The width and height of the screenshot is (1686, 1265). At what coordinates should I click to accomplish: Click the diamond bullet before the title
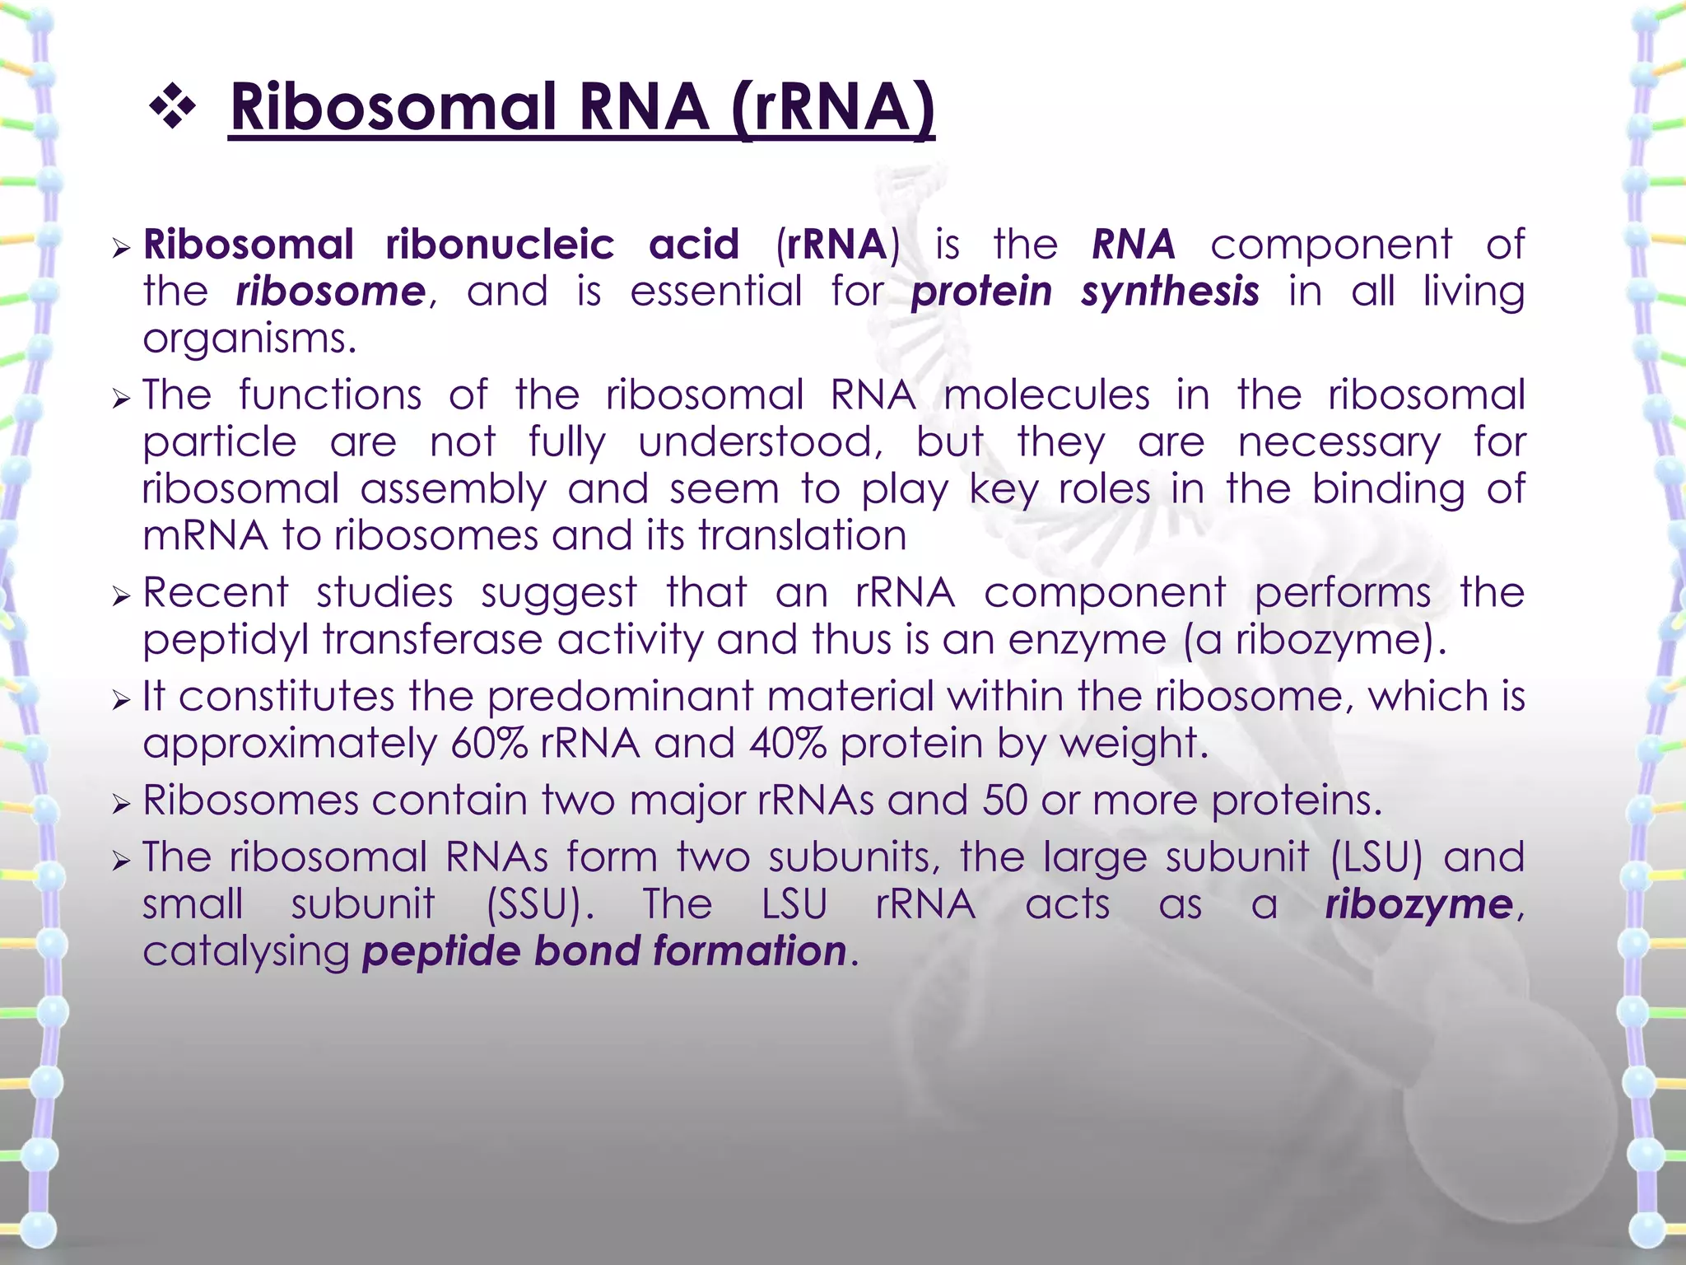pos(173,107)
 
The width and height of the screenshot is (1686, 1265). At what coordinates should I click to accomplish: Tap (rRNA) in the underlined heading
pos(831,107)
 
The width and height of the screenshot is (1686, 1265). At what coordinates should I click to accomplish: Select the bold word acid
pos(694,245)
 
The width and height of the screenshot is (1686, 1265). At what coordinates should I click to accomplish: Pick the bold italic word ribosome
pos(331,292)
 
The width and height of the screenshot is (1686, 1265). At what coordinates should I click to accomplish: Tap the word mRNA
pos(205,536)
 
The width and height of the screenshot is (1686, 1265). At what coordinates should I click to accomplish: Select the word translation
pos(803,536)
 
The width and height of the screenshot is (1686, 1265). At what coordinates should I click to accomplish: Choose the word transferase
pos(432,640)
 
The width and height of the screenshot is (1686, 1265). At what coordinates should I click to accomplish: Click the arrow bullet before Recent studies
pos(122,595)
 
